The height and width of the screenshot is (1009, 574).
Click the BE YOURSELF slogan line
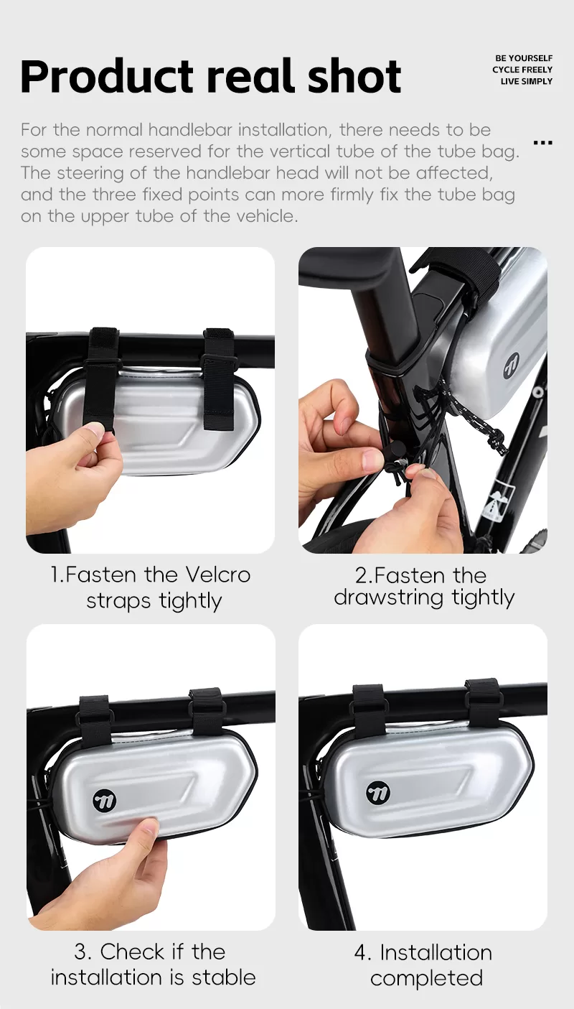coord(524,58)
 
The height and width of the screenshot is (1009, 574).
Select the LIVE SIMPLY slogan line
coord(526,82)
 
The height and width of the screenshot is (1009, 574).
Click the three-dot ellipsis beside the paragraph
coord(542,143)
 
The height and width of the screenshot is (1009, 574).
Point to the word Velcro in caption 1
coord(218,575)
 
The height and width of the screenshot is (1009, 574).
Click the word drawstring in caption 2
coord(389,598)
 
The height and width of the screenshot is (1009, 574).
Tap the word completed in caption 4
coord(426,979)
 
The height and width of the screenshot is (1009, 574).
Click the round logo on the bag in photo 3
coord(105,801)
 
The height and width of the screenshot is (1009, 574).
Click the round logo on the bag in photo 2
coord(511,364)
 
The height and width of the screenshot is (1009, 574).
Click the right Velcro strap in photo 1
coord(219,379)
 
